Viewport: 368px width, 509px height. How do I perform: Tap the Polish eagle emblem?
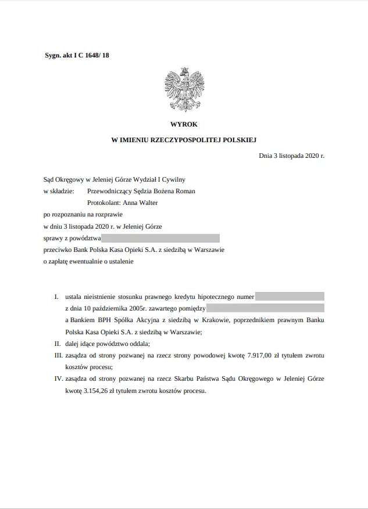point(184,89)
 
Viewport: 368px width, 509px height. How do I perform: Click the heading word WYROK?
point(184,124)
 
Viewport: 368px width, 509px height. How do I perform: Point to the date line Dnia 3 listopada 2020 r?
point(291,156)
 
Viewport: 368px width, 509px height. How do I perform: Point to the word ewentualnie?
point(86,261)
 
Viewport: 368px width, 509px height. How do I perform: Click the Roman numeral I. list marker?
point(57,297)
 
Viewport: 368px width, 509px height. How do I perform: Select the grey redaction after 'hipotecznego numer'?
point(290,297)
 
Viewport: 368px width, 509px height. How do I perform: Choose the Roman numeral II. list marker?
point(56,344)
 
